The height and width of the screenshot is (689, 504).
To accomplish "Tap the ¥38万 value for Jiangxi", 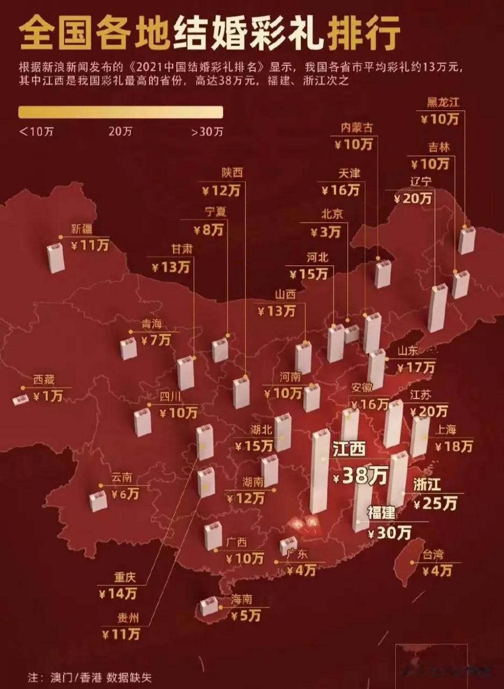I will [359, 476].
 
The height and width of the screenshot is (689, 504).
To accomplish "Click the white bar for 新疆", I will [55, 258].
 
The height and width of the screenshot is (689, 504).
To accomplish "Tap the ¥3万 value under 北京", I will [325, 232].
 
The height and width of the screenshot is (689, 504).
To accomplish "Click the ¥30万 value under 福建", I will [390, 532].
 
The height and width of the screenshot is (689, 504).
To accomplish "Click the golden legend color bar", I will [120, 111].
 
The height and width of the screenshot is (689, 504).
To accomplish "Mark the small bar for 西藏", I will [21, 399].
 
